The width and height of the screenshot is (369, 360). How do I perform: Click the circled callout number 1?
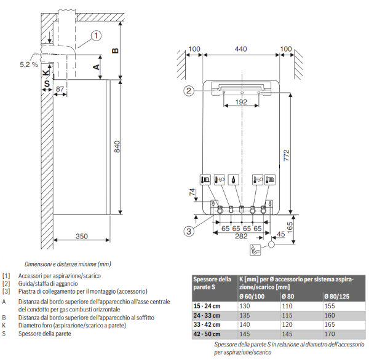pos(96,36)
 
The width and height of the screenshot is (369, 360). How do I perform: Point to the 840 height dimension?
pos(116,146)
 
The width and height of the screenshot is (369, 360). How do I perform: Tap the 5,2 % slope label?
pos(28,64)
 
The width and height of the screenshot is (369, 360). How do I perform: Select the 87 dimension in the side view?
pos(60,90)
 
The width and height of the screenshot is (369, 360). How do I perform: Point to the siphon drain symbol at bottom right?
pos(255,249)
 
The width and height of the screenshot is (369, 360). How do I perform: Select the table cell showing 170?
pos(329,334)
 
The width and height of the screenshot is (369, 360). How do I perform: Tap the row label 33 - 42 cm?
pos(207,324)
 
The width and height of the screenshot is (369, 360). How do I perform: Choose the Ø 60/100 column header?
pos(252,297)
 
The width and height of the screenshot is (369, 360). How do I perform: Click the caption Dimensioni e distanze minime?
pos(68,264)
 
